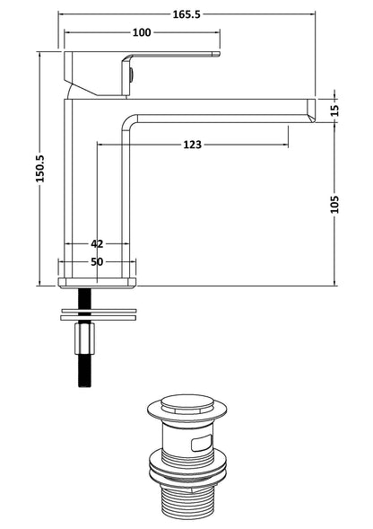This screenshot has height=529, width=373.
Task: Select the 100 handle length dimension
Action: tap(141, 33)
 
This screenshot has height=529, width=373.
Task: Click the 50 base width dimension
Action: tap(97, 261)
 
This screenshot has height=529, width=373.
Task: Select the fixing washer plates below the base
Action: tap(96, 314)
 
